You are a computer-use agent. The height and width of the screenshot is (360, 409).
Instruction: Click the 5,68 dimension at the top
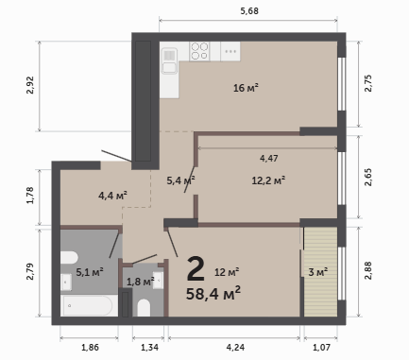(249, 11)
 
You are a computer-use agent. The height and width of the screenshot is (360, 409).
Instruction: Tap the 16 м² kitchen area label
(246, 88)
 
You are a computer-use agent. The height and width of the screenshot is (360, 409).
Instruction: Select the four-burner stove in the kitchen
(199, 51)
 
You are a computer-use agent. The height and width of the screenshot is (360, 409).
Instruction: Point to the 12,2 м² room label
(268, 180)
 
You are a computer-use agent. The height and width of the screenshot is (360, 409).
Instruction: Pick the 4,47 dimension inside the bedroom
(269, 158)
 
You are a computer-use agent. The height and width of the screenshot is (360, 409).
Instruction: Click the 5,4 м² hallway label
(180, 180)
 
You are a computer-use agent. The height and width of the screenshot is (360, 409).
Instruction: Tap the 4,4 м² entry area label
(112, 196)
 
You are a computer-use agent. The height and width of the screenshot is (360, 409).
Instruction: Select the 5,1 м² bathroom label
(90, 272)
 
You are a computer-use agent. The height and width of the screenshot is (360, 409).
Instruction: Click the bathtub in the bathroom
(88, 305)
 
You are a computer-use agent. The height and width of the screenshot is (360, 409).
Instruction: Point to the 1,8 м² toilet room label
(140, 282)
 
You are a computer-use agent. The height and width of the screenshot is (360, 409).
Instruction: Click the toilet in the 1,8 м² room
(144, 307)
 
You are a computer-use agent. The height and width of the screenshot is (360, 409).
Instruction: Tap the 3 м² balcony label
(318, 272)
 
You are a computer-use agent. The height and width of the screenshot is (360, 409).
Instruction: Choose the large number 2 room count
(196, 268)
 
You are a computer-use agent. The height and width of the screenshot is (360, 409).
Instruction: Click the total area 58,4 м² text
(213, 294)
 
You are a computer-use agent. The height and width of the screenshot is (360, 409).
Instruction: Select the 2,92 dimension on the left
(30, 85)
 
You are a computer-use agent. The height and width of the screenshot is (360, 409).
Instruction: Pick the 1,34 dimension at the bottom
(149, 348)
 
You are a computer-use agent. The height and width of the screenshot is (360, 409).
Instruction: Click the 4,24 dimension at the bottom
(235, 348)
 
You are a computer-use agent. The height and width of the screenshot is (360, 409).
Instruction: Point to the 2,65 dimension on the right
(368, 178)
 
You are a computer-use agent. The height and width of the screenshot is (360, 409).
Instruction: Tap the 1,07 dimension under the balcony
(321, 348)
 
